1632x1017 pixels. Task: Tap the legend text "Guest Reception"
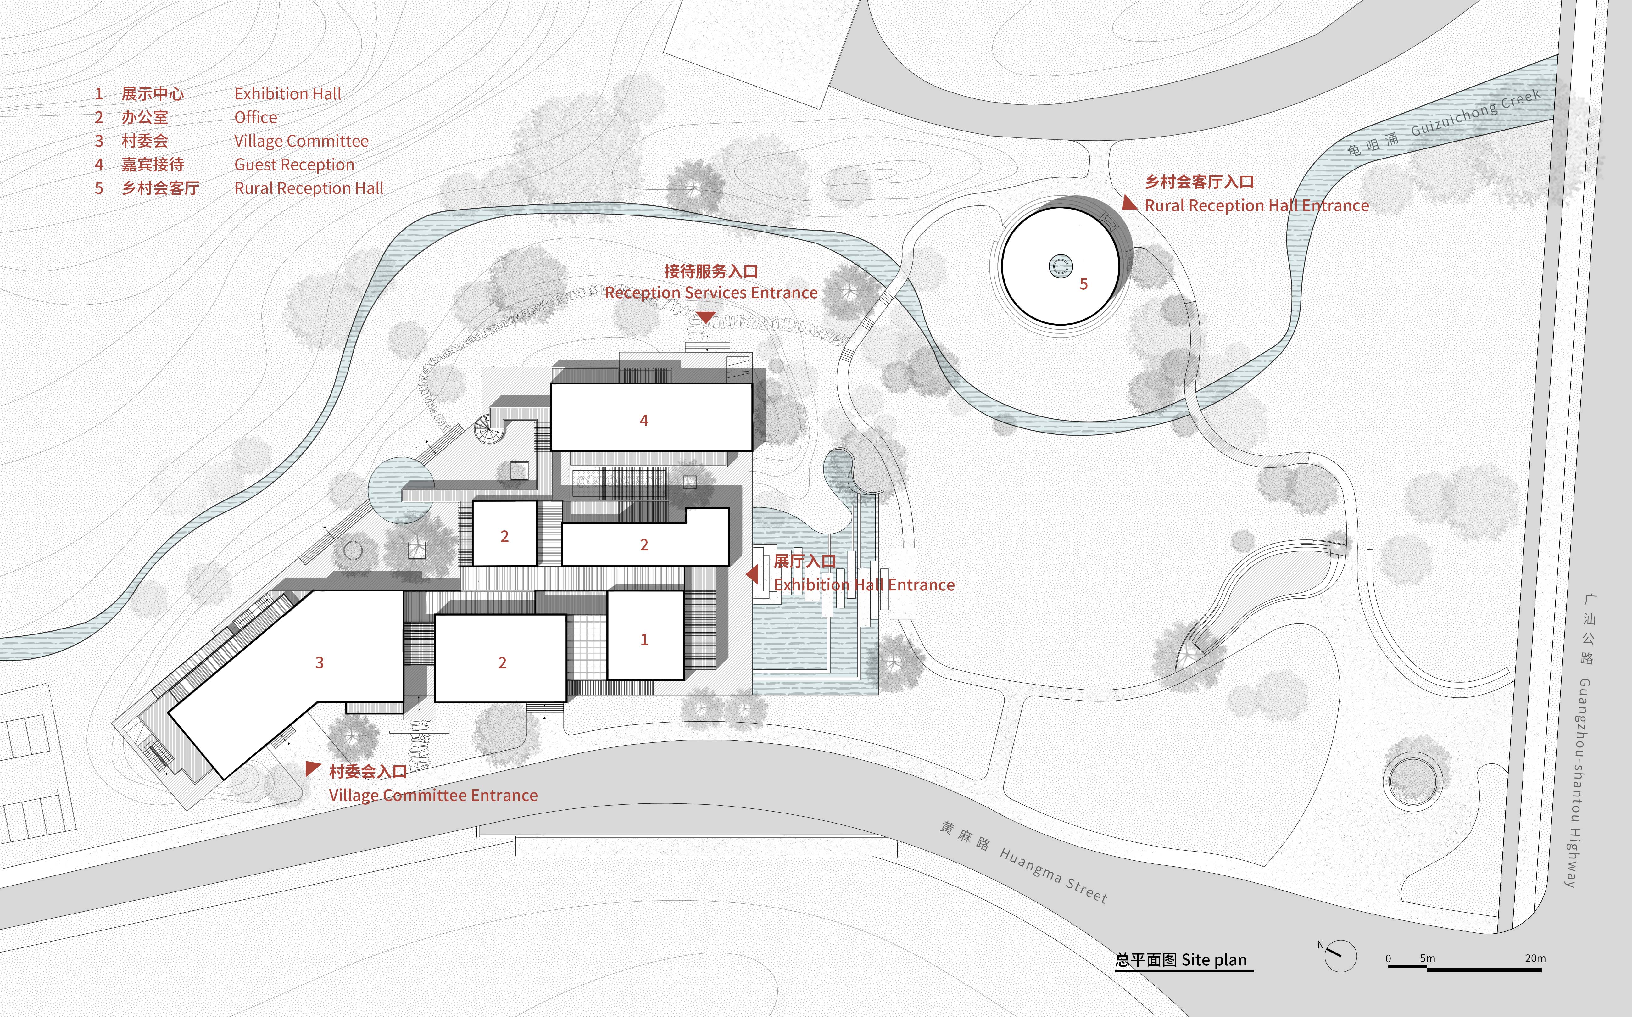tap(294, 165)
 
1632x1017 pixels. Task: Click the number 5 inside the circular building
tap(1083, 284)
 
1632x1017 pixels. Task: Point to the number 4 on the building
tap(643, 420)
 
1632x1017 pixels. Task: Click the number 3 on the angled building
tap(320, 662)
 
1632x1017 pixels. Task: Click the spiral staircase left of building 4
tap(488, 428)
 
